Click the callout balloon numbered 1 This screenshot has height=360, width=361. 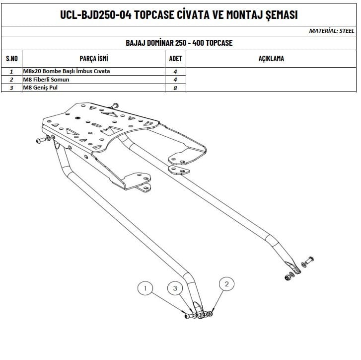[x=145, y=288]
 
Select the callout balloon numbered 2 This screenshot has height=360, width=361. [x=226, y=284]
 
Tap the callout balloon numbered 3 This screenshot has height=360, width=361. [x=175, y=288]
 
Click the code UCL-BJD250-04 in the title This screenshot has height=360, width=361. [x=95, y=14]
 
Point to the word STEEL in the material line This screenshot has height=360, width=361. [x=347, y=31]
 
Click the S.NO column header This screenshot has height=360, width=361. [x=12, y=59]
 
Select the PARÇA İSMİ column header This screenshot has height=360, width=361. [x=94, y=58]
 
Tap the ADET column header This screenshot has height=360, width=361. [x=175, y=59]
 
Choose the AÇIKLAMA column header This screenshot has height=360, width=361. [x=271, y=59]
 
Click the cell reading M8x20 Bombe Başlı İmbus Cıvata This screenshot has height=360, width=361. [x=67, y=71]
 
